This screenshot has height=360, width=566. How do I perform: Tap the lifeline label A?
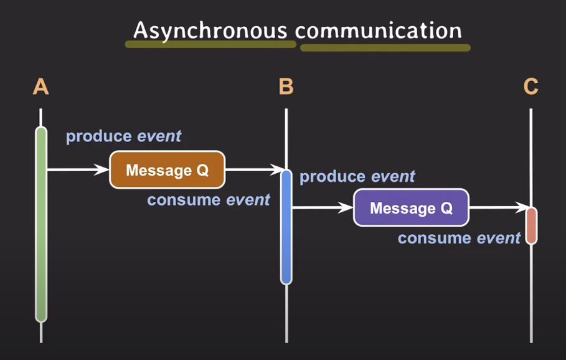pyautogui.click(x=40, y=87)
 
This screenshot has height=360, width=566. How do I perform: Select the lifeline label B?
pyautogui.click(x=286, y=87)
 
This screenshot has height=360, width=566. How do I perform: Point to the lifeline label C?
pyautogui.click(x=531, y=87)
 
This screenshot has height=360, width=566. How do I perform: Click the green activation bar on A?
pyautogui.click(x=41, y=224)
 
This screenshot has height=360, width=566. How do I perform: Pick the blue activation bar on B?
pyautogui.click(x=286, y=227)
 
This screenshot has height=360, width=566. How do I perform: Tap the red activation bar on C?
pyautogui.click(x=531, y=225)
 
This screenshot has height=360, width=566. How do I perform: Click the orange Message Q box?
pyautogui.click(x=167, y=169)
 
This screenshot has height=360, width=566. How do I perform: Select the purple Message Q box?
pyautogui.click(x=411, y=207)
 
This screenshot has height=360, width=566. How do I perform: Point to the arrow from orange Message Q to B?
pyautogui.click(x=253, y=169)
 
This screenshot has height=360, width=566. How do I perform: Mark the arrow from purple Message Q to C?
pyautogui.click(x=498, y=207)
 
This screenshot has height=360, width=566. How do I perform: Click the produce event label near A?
pyautogui.click(x=123, y=136)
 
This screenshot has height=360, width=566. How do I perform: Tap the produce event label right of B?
pyautogui.click(x=357, y=177)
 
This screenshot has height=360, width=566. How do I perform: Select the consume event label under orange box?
pyautogui.click(x=209, y=200)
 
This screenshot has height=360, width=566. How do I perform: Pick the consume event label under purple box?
pyautogui.click(x=459, y=238)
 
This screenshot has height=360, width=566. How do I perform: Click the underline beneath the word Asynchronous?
pyautogui.click(x=210, y=44)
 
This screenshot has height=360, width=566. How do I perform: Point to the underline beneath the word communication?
pyautogui.click(x=385, y=47)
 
